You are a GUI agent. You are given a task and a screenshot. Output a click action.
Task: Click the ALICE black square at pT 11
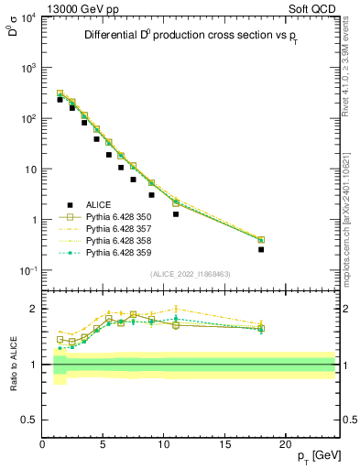coord(176,214)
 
